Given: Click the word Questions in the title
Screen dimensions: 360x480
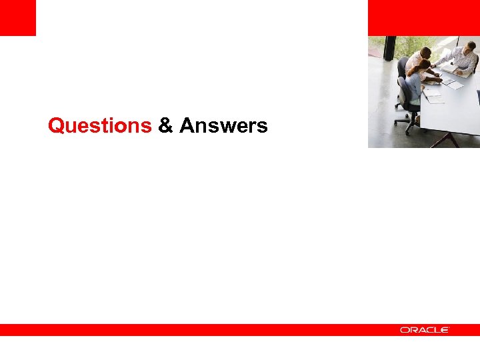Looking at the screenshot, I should pyautogui.click(x=100, y=125).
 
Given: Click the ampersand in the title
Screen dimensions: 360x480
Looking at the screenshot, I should pyautogui.click(x=165, y=125).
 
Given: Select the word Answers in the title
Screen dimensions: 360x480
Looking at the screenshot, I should pyautogui.click(x=223, y=125).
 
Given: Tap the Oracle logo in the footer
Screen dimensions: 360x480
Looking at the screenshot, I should pyautogui.click(x=425, y=330).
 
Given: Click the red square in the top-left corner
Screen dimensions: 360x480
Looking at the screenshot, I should pyautogui.click(x=17, y=17).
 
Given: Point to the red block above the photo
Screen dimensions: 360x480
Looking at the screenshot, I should pyautogui.click(x=423, y=17).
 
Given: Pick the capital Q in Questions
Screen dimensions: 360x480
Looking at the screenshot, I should pyautogui.click(x=56, y=125).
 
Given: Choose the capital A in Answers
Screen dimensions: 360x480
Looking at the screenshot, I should pyautogui.click(x=186, y=125).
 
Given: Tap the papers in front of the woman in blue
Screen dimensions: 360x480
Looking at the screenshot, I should pyautogui.click(x=433, y=96).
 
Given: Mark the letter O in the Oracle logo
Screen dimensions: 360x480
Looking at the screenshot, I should pyautogui.click(x=404, y=330).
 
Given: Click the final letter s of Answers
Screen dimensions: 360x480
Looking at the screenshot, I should pyautogui.click(x=263, y=127).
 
